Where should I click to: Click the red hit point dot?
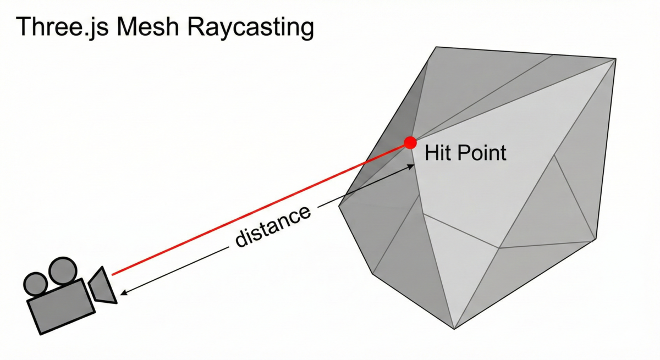(410, 143)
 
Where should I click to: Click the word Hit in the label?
(437, 152)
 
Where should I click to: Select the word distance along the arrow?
(273, 226)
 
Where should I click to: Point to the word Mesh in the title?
(147, 27)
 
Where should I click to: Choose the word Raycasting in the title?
(250, 28)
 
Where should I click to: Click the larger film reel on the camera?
(63, 271)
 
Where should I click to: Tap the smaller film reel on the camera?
(35, 284)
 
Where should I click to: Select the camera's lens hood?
(102, 286)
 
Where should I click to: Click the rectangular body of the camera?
(61, 307)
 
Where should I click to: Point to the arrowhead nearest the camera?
(124, 293)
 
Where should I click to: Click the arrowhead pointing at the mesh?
(410, 167)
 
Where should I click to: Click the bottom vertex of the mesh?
(454, 329)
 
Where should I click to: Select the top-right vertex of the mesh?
(616, 59)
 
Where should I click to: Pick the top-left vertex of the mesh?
(436, 47)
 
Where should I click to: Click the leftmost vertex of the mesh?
(339, 206)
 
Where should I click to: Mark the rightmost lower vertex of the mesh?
(596, 240)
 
